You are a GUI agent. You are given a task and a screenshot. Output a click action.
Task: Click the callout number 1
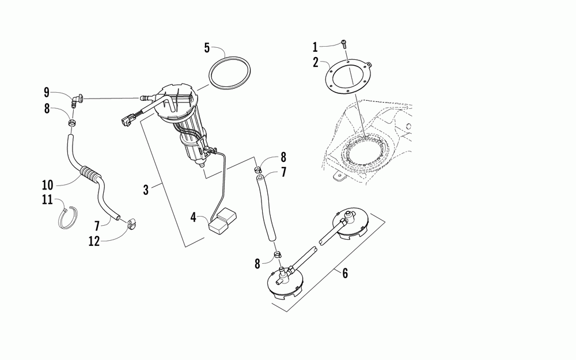click(315, 46)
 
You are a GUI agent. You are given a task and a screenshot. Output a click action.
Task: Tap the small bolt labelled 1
click(343, 42)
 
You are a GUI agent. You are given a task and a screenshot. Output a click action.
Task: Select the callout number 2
click(316, 62)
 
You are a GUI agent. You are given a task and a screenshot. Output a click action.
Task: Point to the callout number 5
click(206, 48)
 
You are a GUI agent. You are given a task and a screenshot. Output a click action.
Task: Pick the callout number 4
click(194, 218)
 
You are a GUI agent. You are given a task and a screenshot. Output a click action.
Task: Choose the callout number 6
click(344, 273)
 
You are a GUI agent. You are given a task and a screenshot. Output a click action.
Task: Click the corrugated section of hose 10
click(90, 173)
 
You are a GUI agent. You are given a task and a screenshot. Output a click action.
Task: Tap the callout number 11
click(47, 200)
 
